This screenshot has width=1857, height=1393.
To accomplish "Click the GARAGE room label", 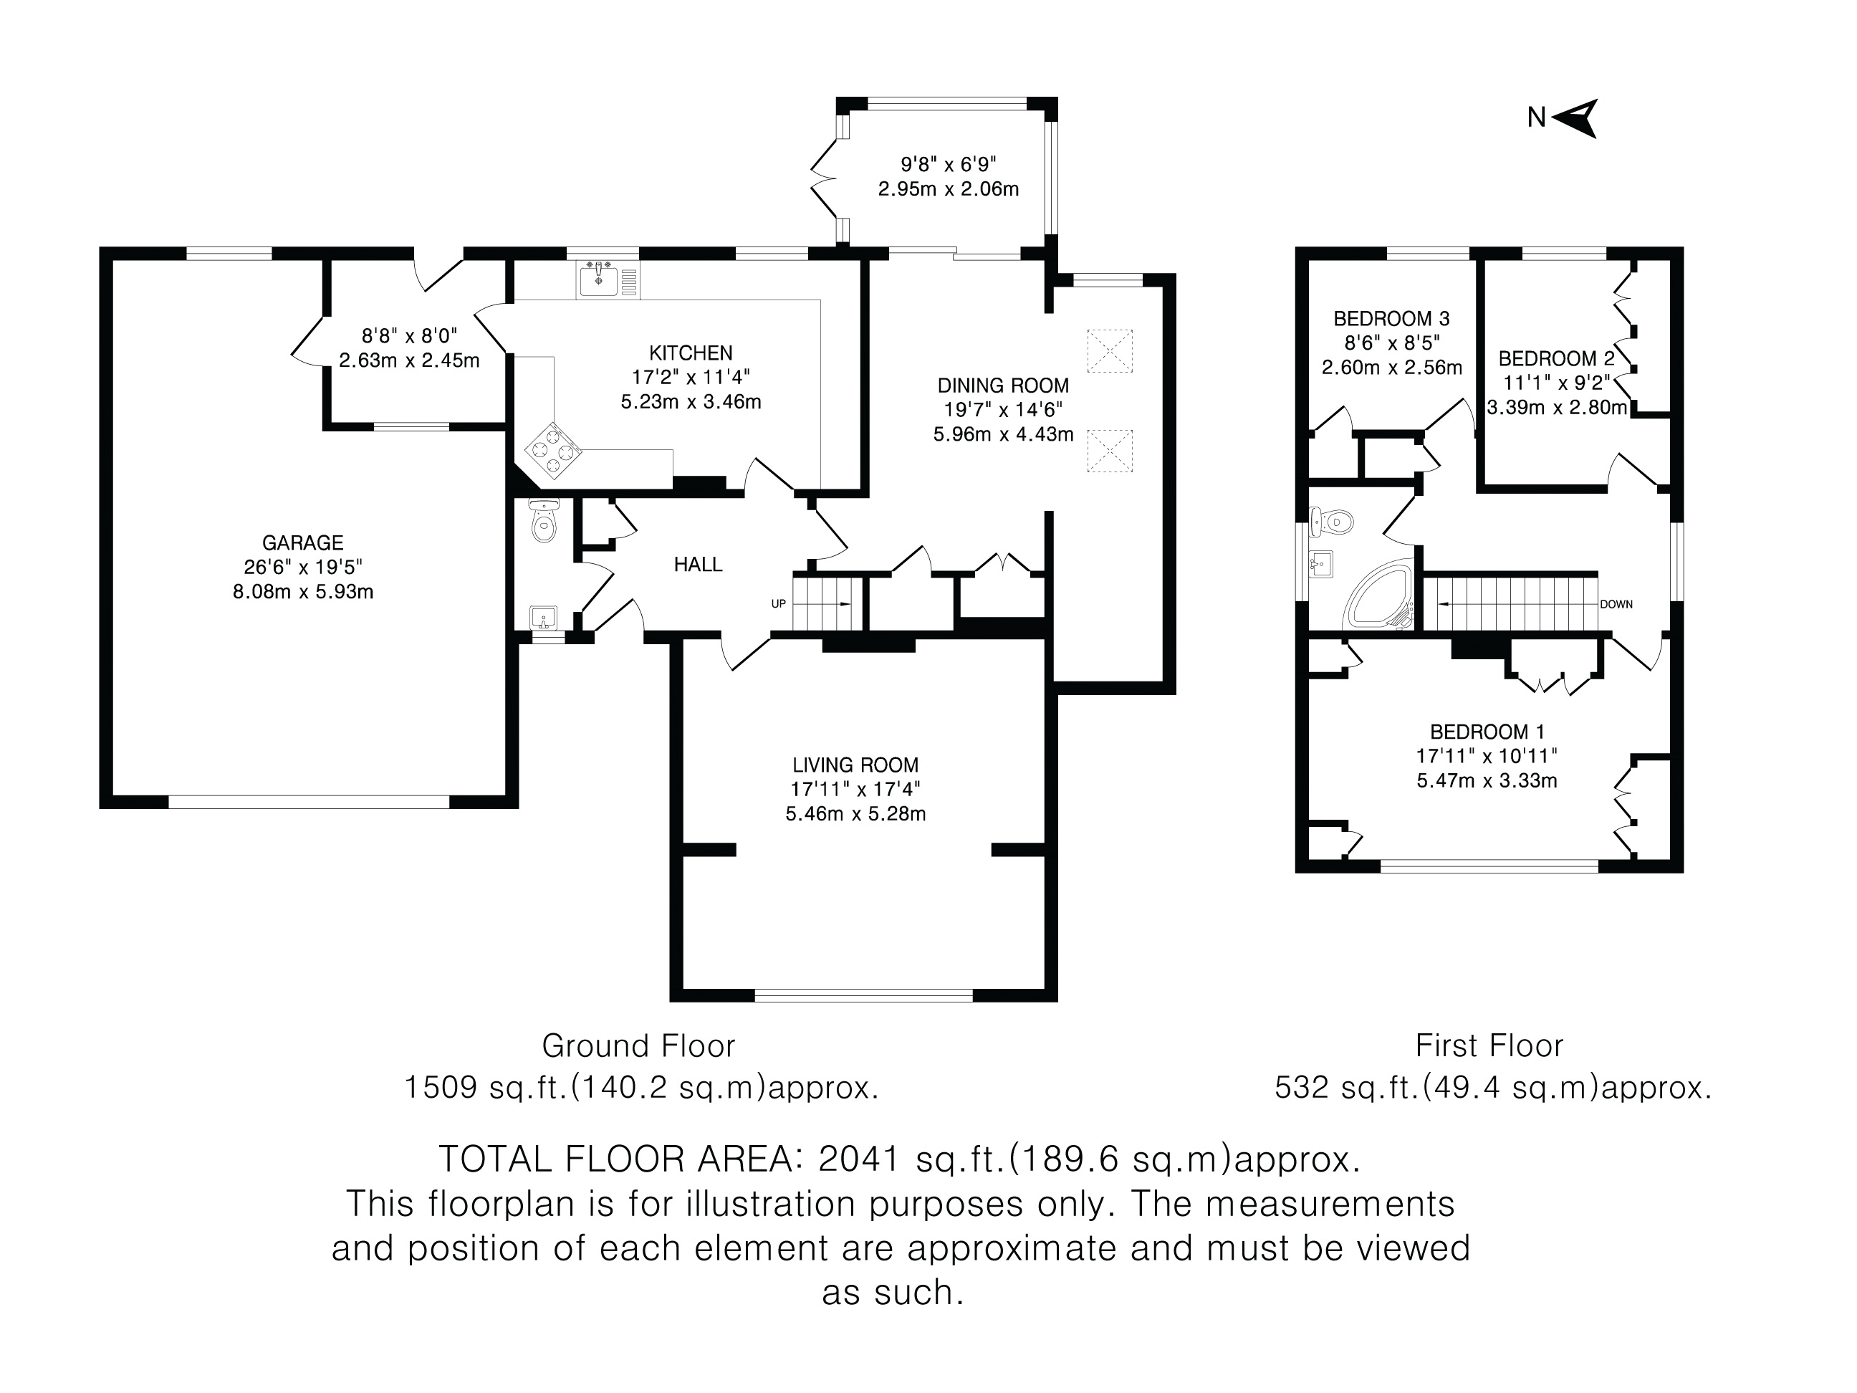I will pyautogui.click(x=302, y=543).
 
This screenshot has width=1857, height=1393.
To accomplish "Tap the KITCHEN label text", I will pyautogui.click(x=690, y=353).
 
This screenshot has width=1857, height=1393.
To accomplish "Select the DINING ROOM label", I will pyautogui.click(x=1003, y=386).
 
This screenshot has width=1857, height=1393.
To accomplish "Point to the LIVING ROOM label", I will pyautogui.click(x=855, y=765).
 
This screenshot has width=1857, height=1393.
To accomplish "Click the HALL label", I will pyautogui.click(x=698, y=564).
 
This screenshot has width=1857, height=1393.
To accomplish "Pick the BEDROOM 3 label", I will pyautogui.click(x=1391, y=319).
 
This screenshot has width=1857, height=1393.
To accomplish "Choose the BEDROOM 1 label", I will pyautogui.click(x=1487, y=732).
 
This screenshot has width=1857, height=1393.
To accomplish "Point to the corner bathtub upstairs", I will pyautogui.click(x=1378, y=595).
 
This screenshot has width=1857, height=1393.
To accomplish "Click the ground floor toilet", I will pyautogui.click(x=544, y=522).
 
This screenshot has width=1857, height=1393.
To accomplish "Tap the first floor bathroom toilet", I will pyautogui.click(x=1333, y=522).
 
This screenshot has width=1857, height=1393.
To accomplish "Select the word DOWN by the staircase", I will pyautogui.click(x=1616, y=605).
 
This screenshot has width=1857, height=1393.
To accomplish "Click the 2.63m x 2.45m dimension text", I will pyautogui.click(x=409, y=360).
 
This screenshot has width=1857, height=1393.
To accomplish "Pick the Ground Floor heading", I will pyautogui.click(x=638, y=1046).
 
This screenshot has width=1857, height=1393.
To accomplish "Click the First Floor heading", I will pyautogui.click(x=1489, y=1046).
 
